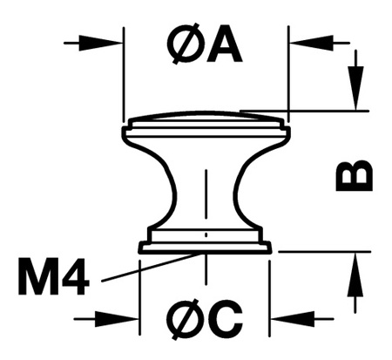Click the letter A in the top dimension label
[223, 44]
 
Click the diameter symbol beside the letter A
[186, 43]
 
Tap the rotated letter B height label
[354, 175]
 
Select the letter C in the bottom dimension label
[226, 319]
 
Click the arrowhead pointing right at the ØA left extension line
[100, 44]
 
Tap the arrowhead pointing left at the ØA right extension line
[312, 43]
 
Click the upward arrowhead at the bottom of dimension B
[355, 275]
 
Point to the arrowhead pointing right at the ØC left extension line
[117, 319]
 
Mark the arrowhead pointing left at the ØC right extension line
[294, 319]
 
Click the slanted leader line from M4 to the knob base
[152, 268]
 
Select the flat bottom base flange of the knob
[205, 248]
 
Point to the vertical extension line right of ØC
[269, 299]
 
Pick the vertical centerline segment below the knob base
[206, 269]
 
